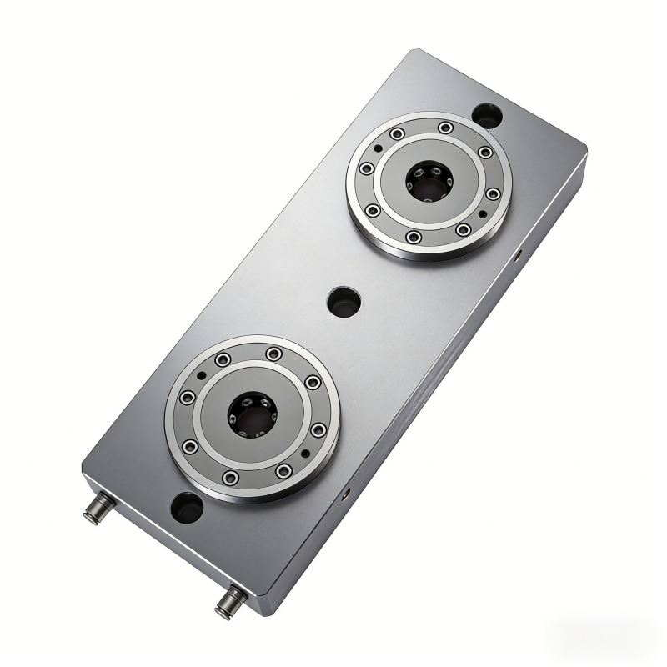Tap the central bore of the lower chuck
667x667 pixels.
pos(251,414)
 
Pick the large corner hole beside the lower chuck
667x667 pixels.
pos(186,506)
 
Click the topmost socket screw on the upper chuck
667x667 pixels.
pos(447,127)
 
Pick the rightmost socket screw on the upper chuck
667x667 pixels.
pos(493,193)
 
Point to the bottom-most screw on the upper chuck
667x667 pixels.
pos(414,238)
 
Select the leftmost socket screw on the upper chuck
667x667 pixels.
pos(366,168)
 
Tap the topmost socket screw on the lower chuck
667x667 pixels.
pos(273,354)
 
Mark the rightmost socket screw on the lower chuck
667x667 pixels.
pos(318,429)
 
